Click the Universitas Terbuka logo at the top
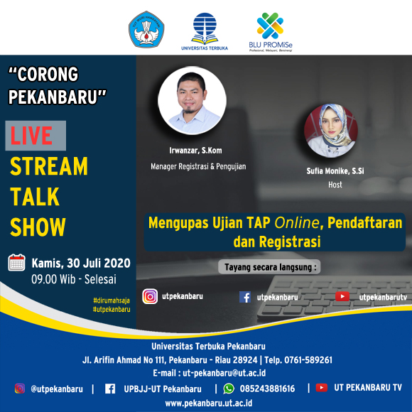pos(205,31)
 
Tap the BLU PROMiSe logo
pos(271,32)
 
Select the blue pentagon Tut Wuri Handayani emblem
pos(146,29)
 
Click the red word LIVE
pos(31,136)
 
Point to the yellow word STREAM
pos(49,166)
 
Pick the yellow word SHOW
pos(38,227)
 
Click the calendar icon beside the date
pos(16,263)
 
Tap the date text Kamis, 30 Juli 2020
pos(81,263)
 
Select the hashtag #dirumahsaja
pos(112,300)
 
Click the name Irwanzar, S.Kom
pos(195,151)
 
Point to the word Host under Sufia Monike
pos(335,185)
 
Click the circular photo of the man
pos(192,100)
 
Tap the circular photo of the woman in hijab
pos(331,131)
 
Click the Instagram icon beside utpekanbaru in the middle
pos(150,296)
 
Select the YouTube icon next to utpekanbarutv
pos(342,296)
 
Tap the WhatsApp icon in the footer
pos(229,389)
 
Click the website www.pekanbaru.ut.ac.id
pos(209,403)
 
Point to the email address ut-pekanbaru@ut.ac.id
pos(224,373)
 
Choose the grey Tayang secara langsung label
pos(269,267)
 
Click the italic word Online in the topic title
pos(297,223)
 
